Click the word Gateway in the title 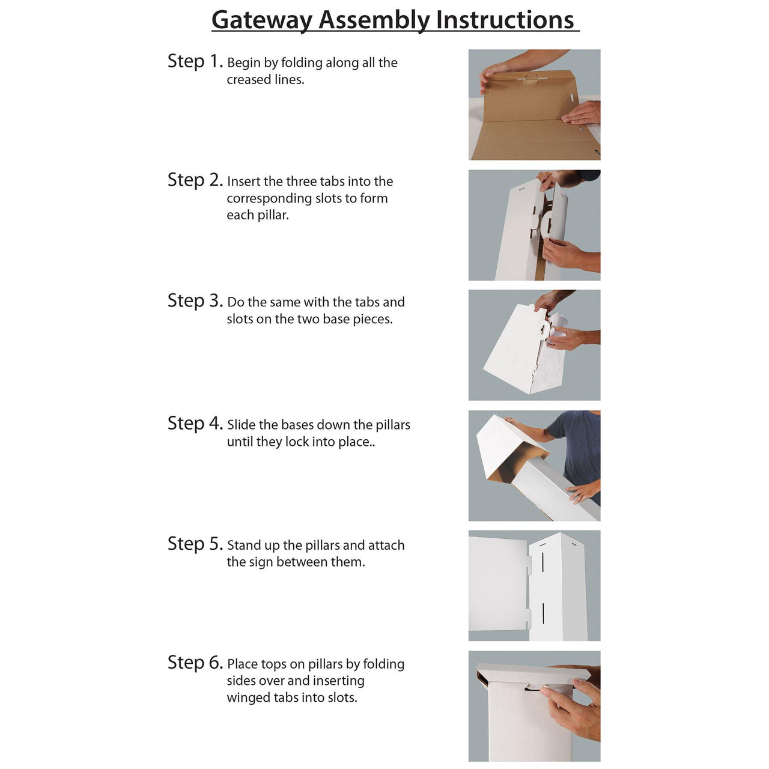(x=263, y=20)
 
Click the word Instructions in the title (x=505, y=20)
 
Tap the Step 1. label (x=195, y=61)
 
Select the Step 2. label (x=195, y=180)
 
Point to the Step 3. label (x=195, y=301)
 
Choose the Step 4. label (x=195, y=424)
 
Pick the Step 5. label (x=195, y=544)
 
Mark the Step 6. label (x=195, y=663)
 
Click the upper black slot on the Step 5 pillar (x=543, y=561)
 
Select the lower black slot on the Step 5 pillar (x=543, y=613)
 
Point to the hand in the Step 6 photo (x=574, y=709)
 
